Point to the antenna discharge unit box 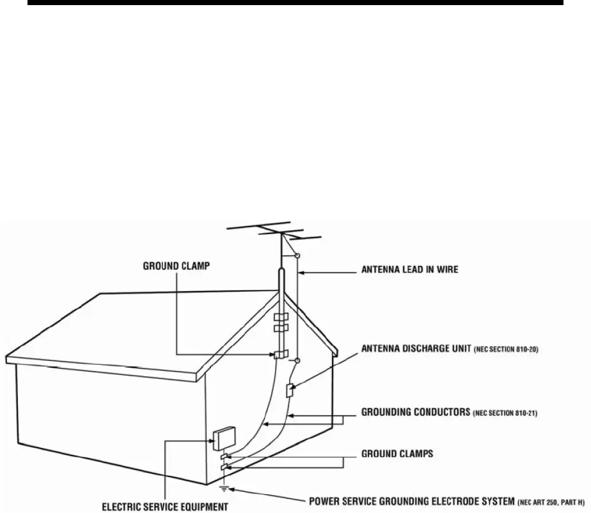point(289,391)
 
